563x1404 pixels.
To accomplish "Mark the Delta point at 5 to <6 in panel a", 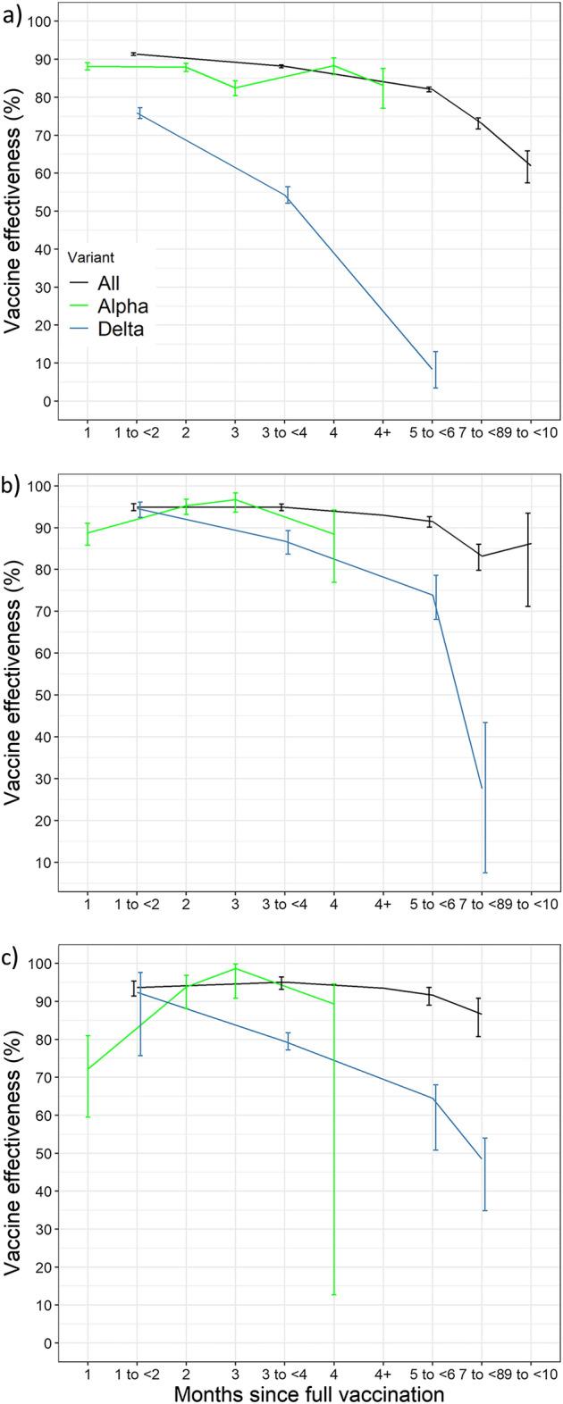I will point(433,369).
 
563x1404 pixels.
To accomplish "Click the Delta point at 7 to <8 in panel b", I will point(483,789).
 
